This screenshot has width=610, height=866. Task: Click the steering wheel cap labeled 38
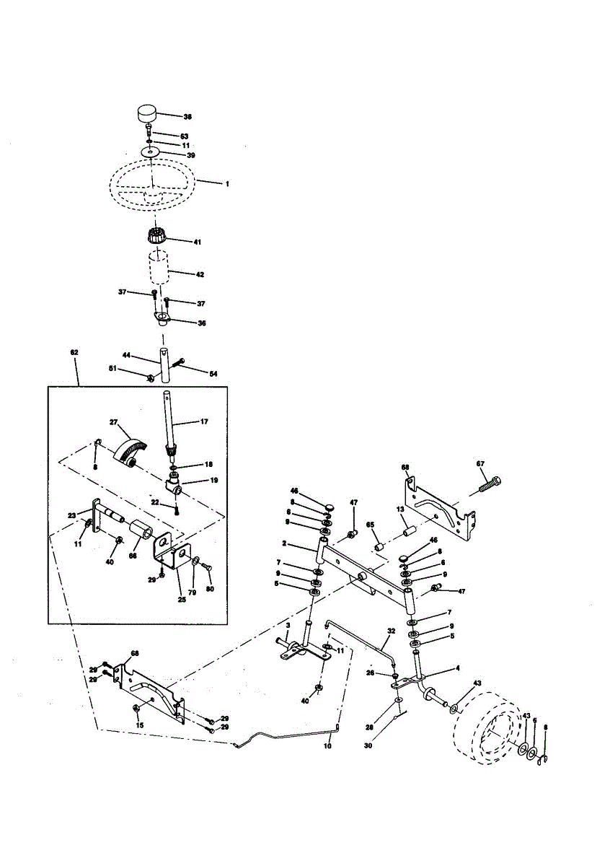coord(147,114)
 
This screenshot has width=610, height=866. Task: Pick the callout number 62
coord(74,352)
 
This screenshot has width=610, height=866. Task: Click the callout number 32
coord(392,630)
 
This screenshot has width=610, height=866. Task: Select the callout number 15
coord(140,725)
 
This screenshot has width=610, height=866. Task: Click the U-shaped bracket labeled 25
coord(169,560)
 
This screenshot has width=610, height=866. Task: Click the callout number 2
coord(285,542)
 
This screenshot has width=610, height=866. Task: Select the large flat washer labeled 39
coord(149,152)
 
